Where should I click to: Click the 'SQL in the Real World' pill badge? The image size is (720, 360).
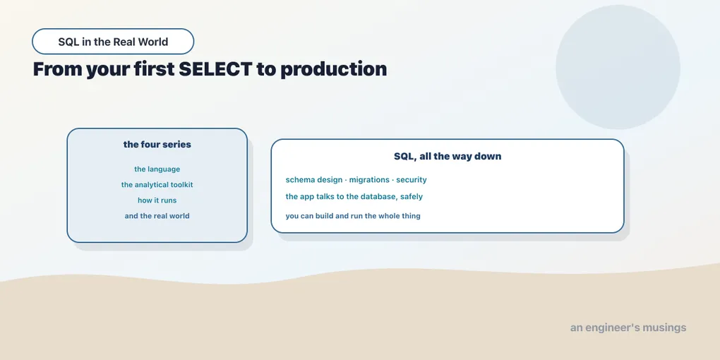coord(113,42)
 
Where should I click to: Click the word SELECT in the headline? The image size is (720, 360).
coord(215,69)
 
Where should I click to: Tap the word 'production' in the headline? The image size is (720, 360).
coord(334,70)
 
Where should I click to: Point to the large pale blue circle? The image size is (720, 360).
coord(618,67)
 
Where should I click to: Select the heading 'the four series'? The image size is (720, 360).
coord(157,144)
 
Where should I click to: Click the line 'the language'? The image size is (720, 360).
coord(157,169)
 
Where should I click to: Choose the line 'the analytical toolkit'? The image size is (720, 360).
coord(157,185)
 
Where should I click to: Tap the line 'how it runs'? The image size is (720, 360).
coord(157,200)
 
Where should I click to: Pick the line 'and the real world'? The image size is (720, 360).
coord(157,216)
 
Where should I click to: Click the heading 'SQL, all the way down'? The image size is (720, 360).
coord(448,156)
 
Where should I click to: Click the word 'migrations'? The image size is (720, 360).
coord(369,179)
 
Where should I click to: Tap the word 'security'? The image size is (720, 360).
coord(412,179)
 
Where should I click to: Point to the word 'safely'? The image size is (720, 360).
coord(412,196)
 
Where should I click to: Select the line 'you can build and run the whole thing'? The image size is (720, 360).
coord(353,216)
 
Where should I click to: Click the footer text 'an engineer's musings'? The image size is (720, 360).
coord(628,328)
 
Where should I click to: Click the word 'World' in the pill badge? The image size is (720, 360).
coord(153,42)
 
